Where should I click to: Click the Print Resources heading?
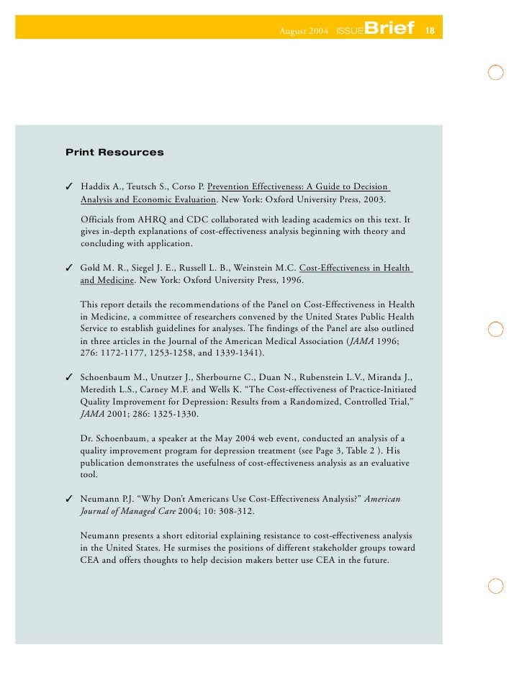pyautogui.click(x=114, y=153)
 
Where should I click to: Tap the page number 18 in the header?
pyautogui.click(x=430, y=30)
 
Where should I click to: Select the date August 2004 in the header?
pyautogui.click(x=304, y=32)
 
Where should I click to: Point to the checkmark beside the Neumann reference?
pyautogui.click(x=70, y=498)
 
